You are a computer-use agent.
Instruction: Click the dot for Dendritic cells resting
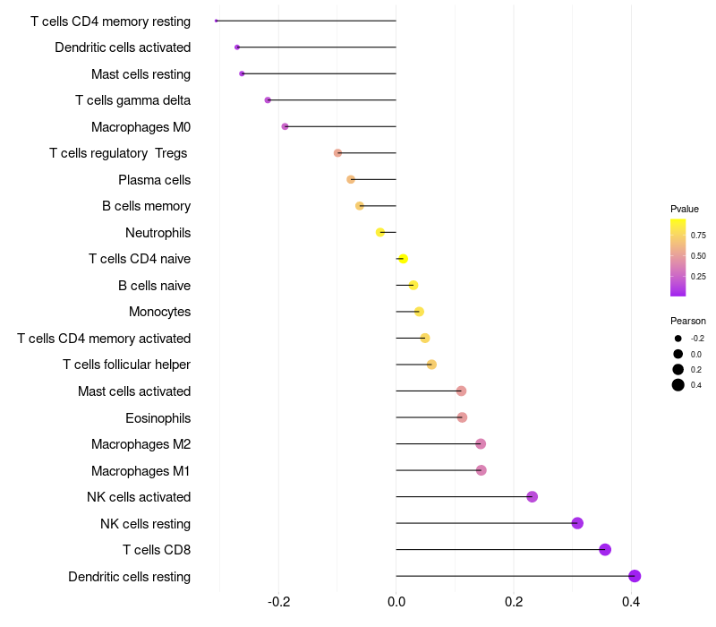(x=635, y=576)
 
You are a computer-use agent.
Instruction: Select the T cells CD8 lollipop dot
(x=605, y=549)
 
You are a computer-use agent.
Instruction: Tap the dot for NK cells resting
(x=577, y=523)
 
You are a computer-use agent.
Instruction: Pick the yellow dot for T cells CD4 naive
(x=403, y=259)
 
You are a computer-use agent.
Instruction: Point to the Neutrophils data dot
(x=379, y=232)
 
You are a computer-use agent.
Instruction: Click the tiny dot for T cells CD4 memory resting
(x=216, y=21)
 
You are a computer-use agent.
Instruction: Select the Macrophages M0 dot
(x=285, y=126)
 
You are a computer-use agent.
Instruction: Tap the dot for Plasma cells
(x=351, y=179)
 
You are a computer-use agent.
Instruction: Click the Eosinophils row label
(x=158, y=418)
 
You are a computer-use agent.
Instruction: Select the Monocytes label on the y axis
(x=160, y=312)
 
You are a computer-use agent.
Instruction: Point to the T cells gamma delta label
(x=132, y=100)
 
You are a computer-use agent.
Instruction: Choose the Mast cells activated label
(x=134, y=391)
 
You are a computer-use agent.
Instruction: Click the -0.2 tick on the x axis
(x=278, y=601)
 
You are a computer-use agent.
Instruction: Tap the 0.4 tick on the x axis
(x=631, y=601)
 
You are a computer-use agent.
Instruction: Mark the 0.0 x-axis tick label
(x=396, y=601)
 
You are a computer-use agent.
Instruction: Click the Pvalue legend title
(x=685, y=209)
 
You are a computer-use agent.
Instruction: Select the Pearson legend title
(x=688, y=321)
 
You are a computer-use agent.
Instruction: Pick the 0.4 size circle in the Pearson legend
(x=678, y=385)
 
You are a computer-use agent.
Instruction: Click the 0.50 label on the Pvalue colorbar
(x=698, y=256)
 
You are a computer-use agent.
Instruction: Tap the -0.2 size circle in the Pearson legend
(x=678, y=339)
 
